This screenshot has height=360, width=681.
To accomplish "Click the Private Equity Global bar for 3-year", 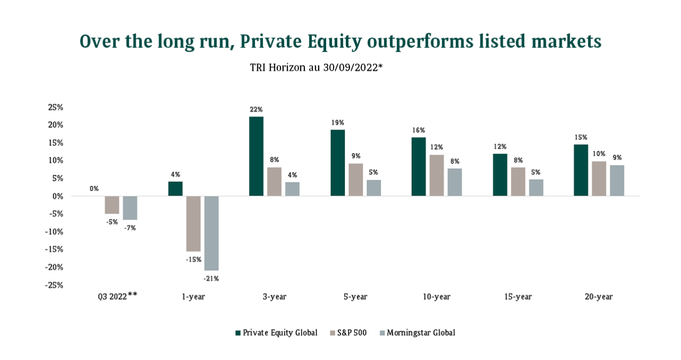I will click(x=256, y=156).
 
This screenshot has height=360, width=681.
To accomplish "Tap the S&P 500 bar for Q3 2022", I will click(x=112, y=205).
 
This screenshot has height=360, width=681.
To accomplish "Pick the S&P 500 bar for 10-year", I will click(x=436, y=175).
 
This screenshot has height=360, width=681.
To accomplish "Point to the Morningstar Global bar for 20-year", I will click(x=617, y=180).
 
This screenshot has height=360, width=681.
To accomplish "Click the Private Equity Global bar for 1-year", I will click(x=175, y=189).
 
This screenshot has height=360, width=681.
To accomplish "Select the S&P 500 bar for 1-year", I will click(x=193, y=223).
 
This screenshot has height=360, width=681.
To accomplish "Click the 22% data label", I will click(x=256, y=110).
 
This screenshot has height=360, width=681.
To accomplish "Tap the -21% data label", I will click(x=211, y=278).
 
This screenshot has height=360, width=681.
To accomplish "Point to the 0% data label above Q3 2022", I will click(x=94, y=188).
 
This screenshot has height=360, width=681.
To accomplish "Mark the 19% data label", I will click(x=338, y=122).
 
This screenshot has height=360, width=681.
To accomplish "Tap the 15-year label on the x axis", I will click(x=518, y=297).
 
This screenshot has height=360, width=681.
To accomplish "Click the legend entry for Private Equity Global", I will click(x=280, y=333).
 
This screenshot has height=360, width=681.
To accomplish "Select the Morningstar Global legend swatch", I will click(x=381, y=333).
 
